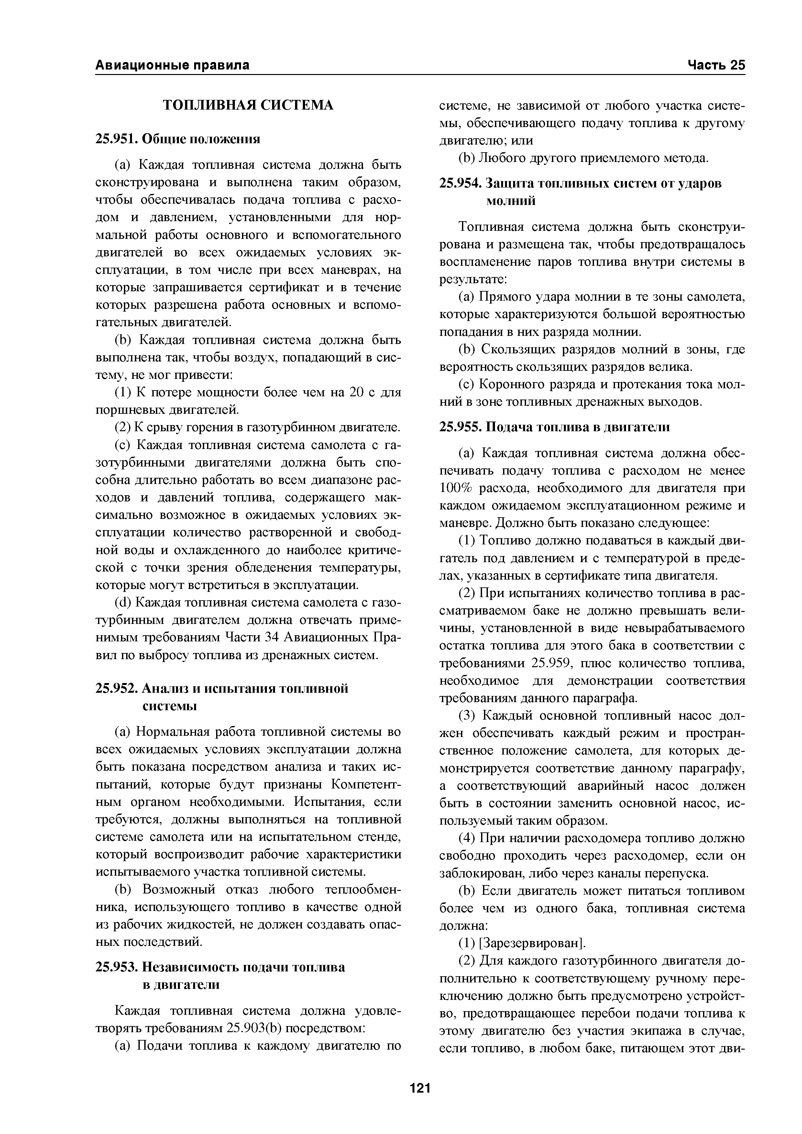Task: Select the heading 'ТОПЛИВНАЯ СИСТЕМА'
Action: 248,105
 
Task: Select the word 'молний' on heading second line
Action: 511,201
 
